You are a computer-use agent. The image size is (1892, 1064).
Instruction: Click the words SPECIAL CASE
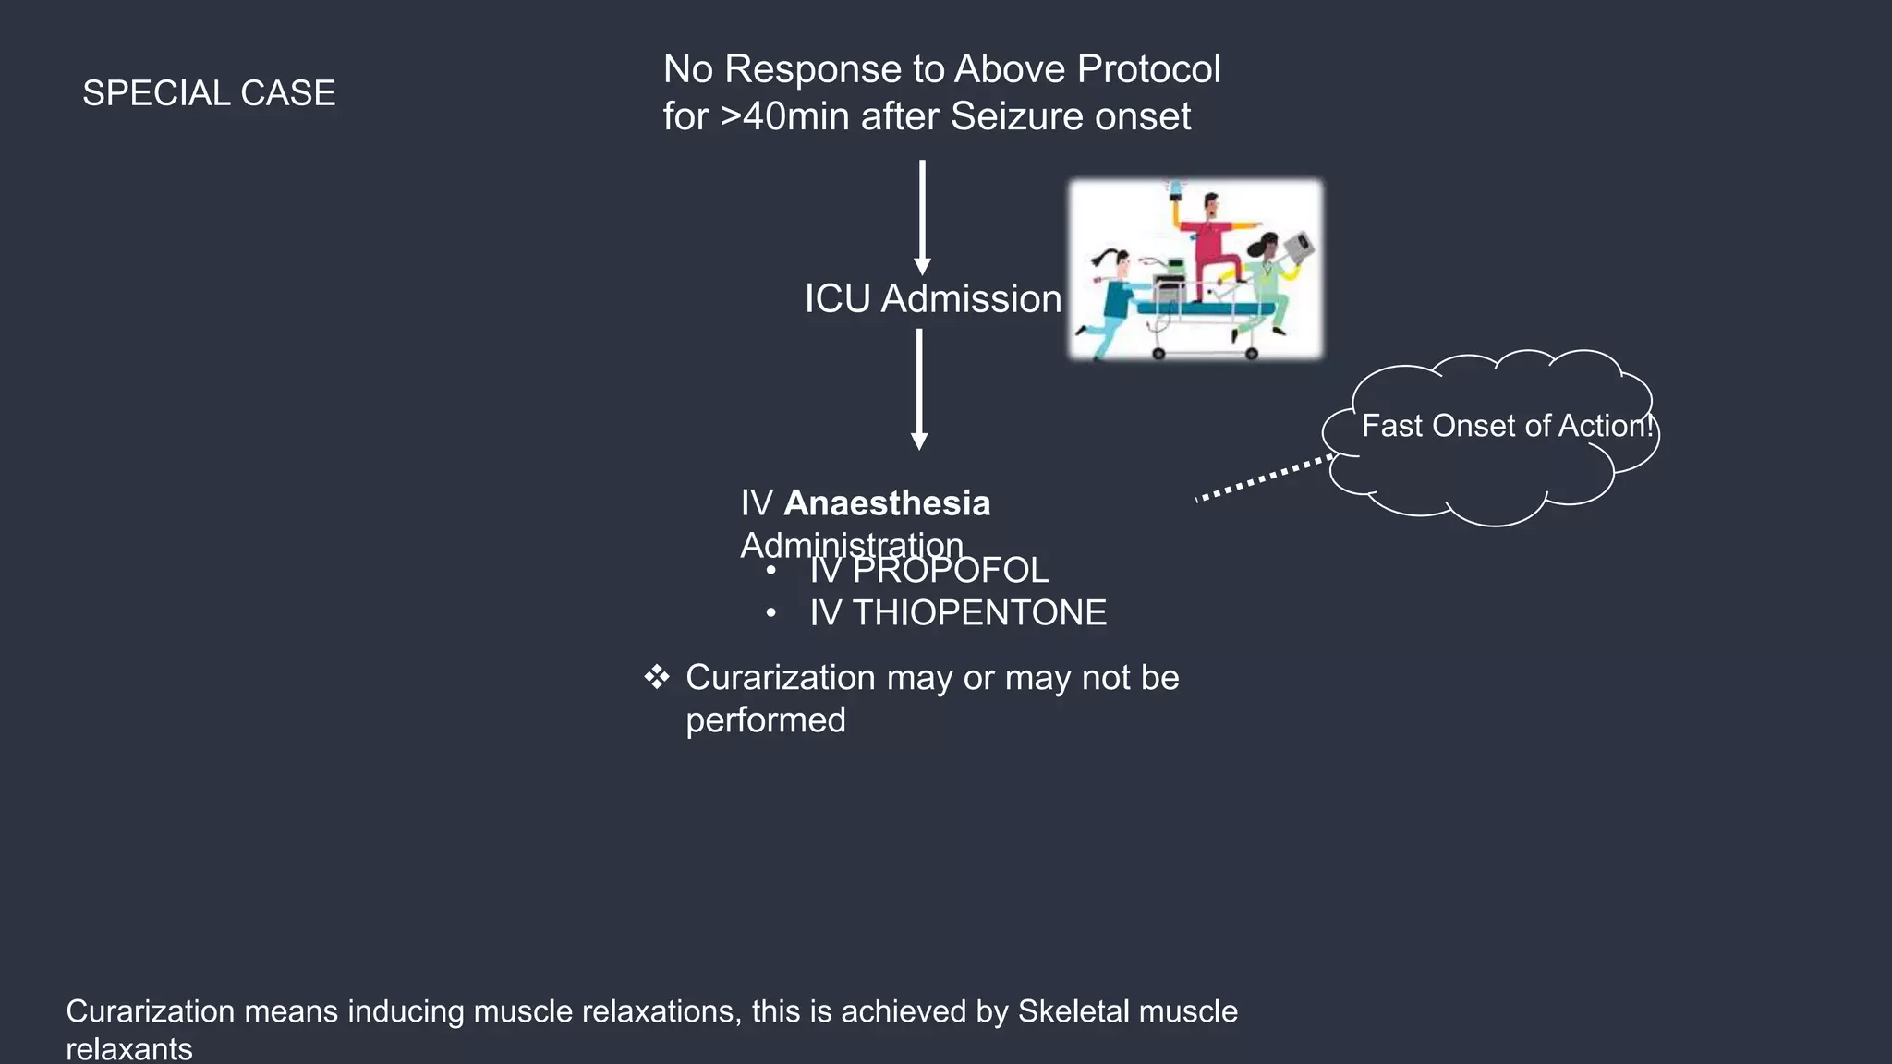click(x=209, y=93)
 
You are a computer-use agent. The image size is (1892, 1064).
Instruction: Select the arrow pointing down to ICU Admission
click(x=922, y=217)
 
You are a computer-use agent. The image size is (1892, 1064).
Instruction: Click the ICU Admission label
click(x=932, y=299)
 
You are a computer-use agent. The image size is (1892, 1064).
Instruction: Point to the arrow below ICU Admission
click(x=919, y=389)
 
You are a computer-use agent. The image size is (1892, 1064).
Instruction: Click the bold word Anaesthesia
click(x=887, y=503)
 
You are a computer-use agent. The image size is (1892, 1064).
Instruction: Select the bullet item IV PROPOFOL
click(x=928, y=571)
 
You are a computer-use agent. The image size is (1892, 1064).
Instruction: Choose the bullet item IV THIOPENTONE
click(x=957, y=613)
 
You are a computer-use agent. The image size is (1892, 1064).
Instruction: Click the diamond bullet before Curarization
click(x=657, y=677)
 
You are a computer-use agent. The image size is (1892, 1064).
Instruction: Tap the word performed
click(x=765, y=720)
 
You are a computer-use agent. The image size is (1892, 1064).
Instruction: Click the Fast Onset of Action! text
click(x=1506, y=426)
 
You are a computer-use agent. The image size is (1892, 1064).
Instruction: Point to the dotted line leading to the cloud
click(x=1264, y=478)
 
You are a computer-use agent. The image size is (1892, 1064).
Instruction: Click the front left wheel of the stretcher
click(x=1158, y=353)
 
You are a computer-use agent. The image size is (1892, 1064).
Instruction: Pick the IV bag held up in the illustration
click(x=1175, y=189)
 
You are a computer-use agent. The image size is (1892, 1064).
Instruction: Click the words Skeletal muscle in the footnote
click(x=1127, y=1011)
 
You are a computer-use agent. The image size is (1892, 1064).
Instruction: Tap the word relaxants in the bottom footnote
click(x=129, y=1049)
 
